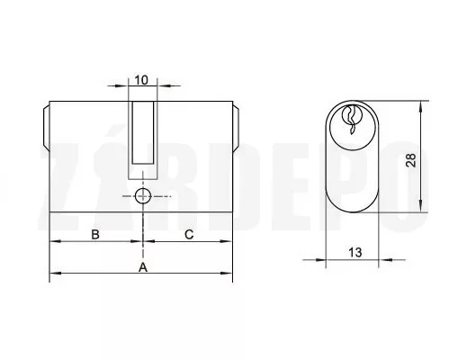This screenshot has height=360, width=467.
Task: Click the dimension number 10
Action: [141, 80]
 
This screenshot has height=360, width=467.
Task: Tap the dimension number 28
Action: [411, 160]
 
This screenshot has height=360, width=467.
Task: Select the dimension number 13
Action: [355, 252]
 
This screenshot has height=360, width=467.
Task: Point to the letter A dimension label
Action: [143, 267]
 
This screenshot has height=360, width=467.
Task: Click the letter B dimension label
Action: [95, 234]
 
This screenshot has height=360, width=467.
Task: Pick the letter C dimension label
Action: [189, 234]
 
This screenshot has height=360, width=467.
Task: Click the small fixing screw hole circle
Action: [143, 196]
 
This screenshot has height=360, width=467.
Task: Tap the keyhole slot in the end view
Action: [352, 120]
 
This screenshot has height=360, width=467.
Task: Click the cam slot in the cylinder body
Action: [143, 132]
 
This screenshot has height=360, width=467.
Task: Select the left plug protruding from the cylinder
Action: [46, 128]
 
